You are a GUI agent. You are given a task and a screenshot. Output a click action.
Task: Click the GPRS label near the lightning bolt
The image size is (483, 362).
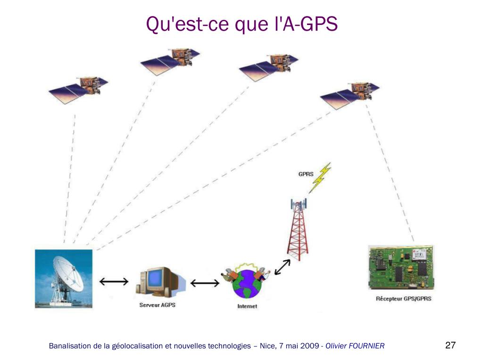[306, 174]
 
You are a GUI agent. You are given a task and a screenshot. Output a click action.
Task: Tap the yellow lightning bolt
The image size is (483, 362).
[320, 178]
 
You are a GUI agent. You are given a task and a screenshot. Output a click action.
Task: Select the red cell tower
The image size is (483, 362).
[298, 229]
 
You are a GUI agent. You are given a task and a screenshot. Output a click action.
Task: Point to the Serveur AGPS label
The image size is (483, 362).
[158, 305]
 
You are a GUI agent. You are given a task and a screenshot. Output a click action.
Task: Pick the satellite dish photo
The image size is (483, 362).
[64, 279]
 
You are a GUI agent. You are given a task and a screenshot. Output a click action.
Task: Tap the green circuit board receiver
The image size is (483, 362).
[401, 267]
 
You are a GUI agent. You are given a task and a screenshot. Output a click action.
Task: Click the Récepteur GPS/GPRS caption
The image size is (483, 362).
[404, 298]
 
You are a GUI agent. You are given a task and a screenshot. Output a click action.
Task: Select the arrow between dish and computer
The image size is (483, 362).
[114, 281]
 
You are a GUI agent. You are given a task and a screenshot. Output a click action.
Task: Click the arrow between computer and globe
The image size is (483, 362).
[205, 283]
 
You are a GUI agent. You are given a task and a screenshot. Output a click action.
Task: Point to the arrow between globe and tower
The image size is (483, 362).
[282, 267]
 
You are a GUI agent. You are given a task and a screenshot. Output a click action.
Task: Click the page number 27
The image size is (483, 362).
[450, 345]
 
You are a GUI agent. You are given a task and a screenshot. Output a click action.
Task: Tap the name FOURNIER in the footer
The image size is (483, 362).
[366, 346]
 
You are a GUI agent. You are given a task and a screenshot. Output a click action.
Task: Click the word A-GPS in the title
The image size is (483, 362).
[310, 24]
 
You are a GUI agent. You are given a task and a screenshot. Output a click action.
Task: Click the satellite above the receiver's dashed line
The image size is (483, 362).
[350, 96]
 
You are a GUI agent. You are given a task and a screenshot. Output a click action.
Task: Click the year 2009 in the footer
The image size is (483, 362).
[309, 346]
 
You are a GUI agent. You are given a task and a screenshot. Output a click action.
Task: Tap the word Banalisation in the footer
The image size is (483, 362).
[70, 346]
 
